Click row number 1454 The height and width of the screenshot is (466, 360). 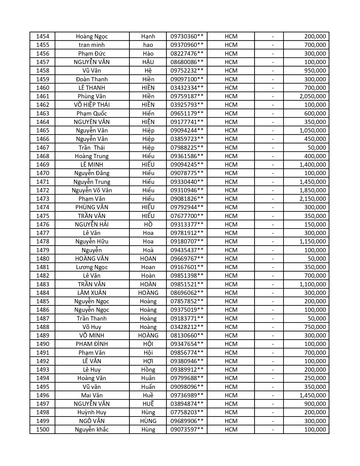[x=43, y=36]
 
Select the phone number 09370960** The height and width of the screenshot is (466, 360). [x=187, y=45]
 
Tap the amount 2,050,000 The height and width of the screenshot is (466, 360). [x=313, y=96]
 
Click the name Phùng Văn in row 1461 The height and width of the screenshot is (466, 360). [x=92, y=96]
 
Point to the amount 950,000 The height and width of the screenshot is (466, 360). [x=315, y=71]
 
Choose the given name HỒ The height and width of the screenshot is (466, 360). [x=148, y=225]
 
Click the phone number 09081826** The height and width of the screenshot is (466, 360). [x=187, y=199]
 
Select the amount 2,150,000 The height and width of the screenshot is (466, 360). [x=313, y=199]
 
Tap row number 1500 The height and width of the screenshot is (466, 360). [x=43, y=430]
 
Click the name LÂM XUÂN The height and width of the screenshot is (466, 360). [x=92, y=293]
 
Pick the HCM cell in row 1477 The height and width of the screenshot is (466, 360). [x=231, y=233]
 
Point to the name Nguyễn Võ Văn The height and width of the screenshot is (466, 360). [x=92, y=190]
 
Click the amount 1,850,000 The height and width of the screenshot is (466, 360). [x=313, y=190]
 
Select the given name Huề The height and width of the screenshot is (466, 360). [x=148, y=395]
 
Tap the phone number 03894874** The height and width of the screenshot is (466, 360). [x=187, y=404]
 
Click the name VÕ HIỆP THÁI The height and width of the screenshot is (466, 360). [x=92, y=105]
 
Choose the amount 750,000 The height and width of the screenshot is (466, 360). [x=315, y=327]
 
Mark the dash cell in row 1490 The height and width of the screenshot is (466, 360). [x=273, y=344]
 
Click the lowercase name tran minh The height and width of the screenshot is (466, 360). [x=92, y=45]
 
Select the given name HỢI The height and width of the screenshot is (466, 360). [x=148, y=361]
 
